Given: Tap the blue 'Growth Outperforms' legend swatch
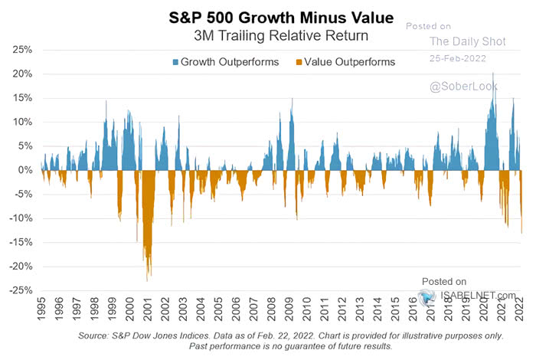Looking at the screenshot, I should pyautogui.click(x=175, y=62).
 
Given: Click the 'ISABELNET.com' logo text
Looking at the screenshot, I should pyautogui.click(x=479, y=295).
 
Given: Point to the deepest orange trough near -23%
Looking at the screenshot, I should pyautogui.click(x=147, y=280).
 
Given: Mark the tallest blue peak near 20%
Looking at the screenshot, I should pyautogui.click(x=492, y=74).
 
